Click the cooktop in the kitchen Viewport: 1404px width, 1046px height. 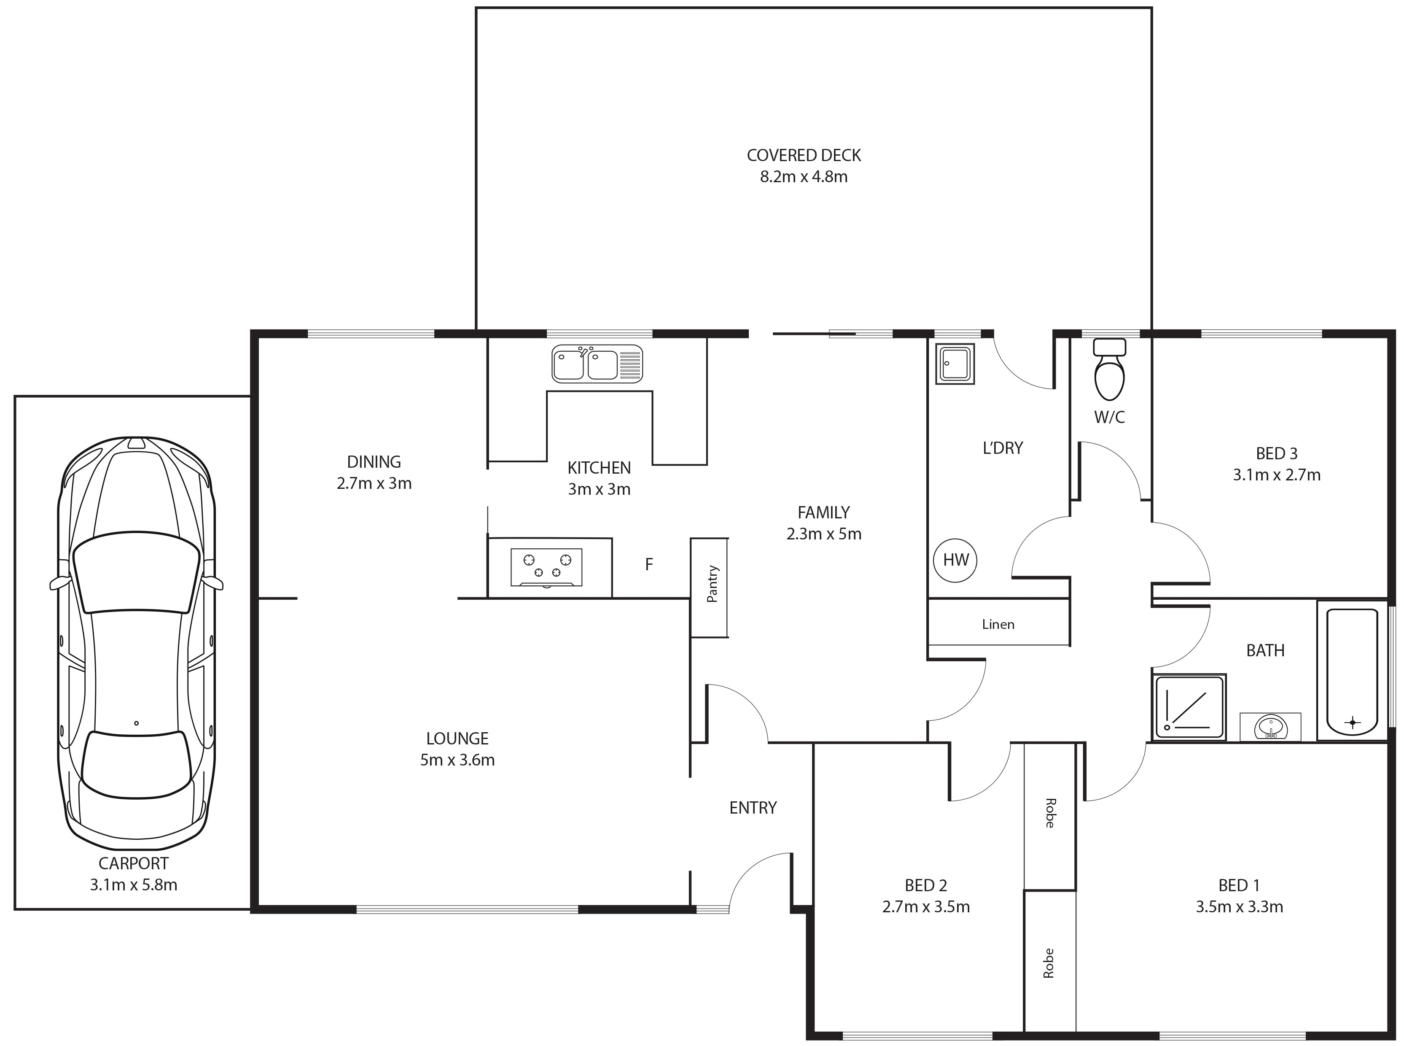pyautogui.click(x=546, y=567)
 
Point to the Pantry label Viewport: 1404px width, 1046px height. pyautogui.click(x=712, y=584)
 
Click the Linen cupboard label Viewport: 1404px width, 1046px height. pyautogui.click(x=998, y=624)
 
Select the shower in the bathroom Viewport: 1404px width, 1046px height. pyautogui.click(x=1189, y=707)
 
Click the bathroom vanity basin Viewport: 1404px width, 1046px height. pyautogui.click(x=1270, y=726)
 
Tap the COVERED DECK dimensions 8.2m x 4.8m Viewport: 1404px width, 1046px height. pyautogui.click(x=804, y=177)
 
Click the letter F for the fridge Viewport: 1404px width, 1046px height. pyautogui.click(x=649, y=564)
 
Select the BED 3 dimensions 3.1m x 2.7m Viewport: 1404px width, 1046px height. pyautogui.click(x=1277, y=475)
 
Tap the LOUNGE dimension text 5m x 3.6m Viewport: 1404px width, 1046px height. pyautogui.click(x=457, y=760)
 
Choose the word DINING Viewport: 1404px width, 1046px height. pyautogui.click(x=374, y=461)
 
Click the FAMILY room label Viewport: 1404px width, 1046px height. pyautogui.click(x=823, y=512)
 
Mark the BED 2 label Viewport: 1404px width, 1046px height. pyautogui.click(x=926, y=885)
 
